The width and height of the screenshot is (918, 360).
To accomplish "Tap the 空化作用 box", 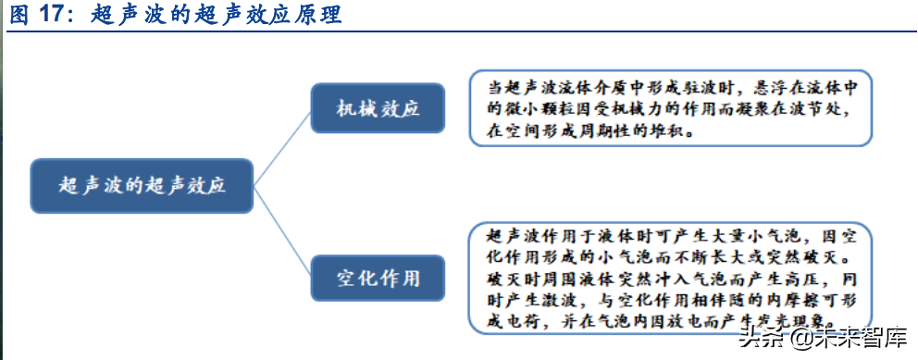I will pyautogui.click(x=378, y=277).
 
